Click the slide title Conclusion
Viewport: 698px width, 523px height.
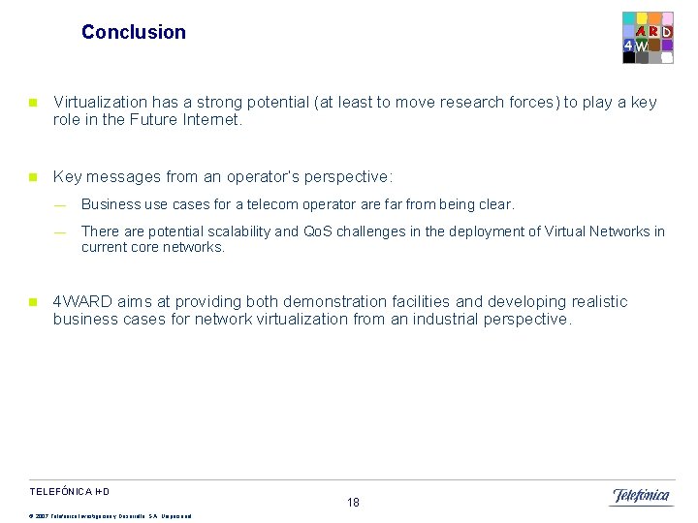[x=134, y=32]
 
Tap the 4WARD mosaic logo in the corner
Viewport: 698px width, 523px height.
[x=647, y=38]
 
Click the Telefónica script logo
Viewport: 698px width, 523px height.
[x=640, y=496]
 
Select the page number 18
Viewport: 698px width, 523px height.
[x=353, y=502]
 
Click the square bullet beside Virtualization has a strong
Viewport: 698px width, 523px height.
[x=32, y=103]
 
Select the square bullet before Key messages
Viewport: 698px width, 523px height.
[x=32, y=177]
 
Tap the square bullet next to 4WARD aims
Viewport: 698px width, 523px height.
[x=32, y=302]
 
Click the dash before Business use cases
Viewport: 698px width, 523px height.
[x=60, y=205]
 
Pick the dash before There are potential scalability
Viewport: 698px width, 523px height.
[x=60, y=231]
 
